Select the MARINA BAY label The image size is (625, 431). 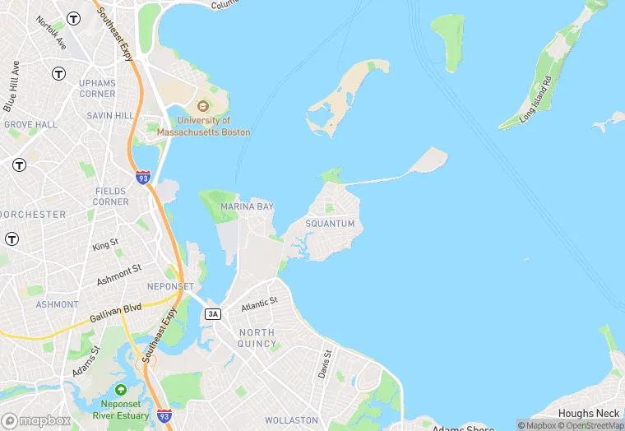246,206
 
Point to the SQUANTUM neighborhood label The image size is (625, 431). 330,224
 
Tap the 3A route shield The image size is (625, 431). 214,313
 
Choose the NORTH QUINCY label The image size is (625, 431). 257,338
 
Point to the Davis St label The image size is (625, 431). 326,364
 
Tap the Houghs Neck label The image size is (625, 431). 587,413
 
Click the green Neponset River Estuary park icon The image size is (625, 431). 122,389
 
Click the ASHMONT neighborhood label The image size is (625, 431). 57,304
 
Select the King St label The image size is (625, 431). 105,244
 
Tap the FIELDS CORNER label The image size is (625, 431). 111,197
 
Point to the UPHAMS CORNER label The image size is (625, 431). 97,89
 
